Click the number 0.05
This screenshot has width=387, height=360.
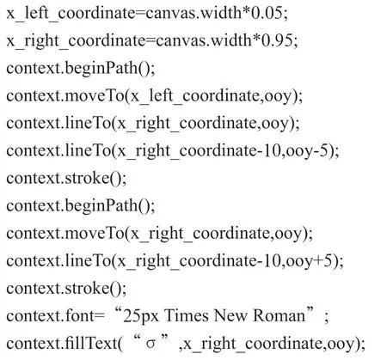pos(267,13)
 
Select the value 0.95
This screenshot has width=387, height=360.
pos(277,40)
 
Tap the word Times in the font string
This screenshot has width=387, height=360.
pos(187,315)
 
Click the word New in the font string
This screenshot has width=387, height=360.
pos(230,315)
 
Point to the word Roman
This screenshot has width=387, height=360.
pos(279,315)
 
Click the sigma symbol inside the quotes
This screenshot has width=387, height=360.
pos(150,344)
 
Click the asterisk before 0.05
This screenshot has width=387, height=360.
pos(246,11)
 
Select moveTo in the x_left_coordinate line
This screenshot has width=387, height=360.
pos(95,95)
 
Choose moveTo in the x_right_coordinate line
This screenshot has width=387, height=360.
pos(95,233)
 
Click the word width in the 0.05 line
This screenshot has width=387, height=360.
pos(221,13)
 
